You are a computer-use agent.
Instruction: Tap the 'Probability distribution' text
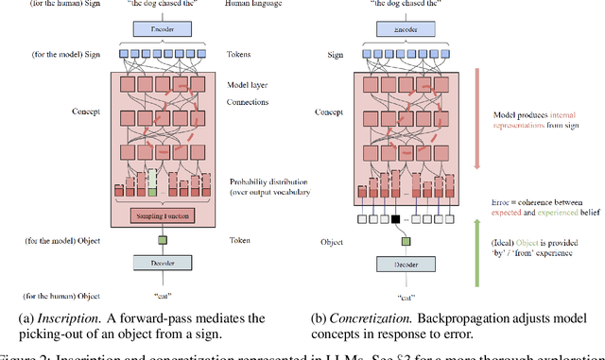pos(269,180)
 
